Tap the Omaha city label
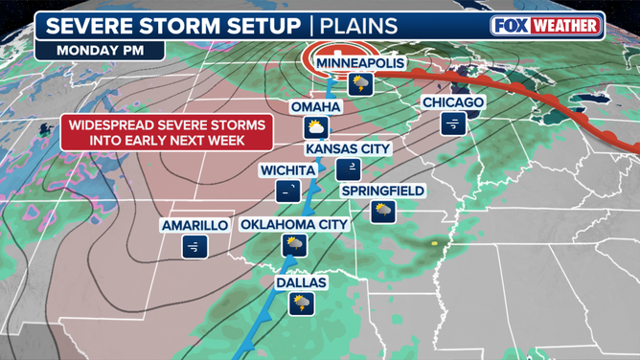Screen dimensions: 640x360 click(314, 106)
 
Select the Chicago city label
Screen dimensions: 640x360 click(453, 102)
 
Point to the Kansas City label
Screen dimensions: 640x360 click(348, 148)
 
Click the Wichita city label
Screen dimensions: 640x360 click(287, 170)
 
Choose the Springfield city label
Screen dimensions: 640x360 click(383, 191)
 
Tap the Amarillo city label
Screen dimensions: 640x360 click(194, 225)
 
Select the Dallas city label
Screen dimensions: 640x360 click(302, 283)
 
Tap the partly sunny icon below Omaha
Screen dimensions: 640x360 click(314, 128)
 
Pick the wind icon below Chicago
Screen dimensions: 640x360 click(453, 123)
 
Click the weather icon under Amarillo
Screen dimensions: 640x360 click(194, 247)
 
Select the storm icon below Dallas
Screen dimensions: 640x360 click(302, 304)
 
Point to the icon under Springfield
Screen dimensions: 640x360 click(383, 212)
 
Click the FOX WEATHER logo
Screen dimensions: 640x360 click(546, 26)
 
